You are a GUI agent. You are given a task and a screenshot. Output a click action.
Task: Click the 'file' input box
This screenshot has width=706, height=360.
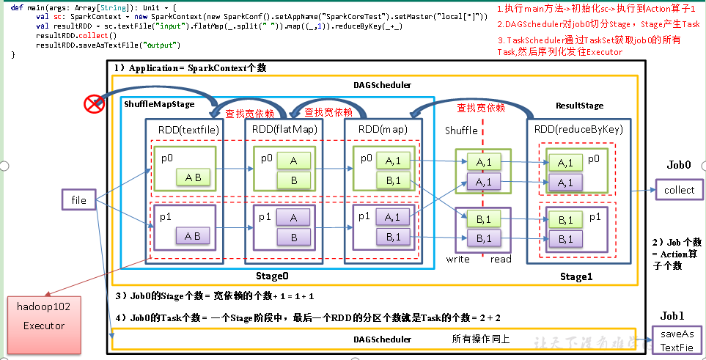click(x=78, y=199)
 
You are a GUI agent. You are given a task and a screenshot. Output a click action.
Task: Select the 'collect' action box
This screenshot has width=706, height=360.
click(x=678, y=190)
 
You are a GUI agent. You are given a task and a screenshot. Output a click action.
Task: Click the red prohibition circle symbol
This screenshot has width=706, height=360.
click(x=94, y=104)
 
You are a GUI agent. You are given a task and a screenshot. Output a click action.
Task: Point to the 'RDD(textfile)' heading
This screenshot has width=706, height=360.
click(x=184, y=128)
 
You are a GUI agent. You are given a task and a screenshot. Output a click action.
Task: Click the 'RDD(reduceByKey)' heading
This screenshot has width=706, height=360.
click(x=578, y=129)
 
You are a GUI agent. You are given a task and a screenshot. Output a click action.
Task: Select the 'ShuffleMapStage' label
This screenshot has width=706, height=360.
click(x=159, y=104)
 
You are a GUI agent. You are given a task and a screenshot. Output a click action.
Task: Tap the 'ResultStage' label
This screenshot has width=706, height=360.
click(x=579, y=106)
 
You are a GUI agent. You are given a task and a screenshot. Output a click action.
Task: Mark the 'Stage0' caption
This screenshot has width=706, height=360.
click(x=271, y=276)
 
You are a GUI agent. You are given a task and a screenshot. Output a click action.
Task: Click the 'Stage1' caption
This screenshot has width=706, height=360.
click(x=575, y=276)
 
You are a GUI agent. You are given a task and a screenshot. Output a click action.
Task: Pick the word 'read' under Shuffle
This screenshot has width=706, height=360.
click(x=501, y=259)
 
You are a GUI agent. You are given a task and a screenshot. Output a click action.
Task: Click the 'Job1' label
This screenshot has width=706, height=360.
click(x=672, y=315)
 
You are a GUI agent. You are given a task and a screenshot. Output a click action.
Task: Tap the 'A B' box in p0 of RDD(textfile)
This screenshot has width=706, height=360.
click(x=193, y=176)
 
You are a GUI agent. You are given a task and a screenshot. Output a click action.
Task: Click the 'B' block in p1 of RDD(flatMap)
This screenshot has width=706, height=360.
click(x=293, y=238)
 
